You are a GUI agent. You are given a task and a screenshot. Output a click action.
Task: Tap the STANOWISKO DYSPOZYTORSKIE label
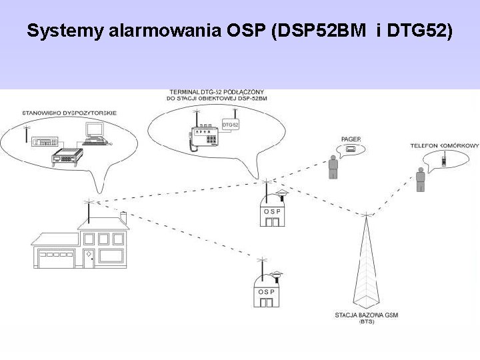click(69, 113)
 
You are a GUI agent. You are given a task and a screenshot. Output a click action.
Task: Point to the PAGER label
click(351, 139)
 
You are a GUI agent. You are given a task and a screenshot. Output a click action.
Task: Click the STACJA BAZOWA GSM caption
click(366, 315)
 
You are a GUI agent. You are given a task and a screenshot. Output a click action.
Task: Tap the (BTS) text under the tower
click(366, 322)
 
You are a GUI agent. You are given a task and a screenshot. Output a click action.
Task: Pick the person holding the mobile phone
click(420, 179)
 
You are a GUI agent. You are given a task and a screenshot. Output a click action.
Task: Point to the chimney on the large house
click(123, 217)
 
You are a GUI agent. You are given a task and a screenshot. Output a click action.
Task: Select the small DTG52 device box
click(230, 125)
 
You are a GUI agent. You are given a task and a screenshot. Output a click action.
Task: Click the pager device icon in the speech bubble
click(350, 151)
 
